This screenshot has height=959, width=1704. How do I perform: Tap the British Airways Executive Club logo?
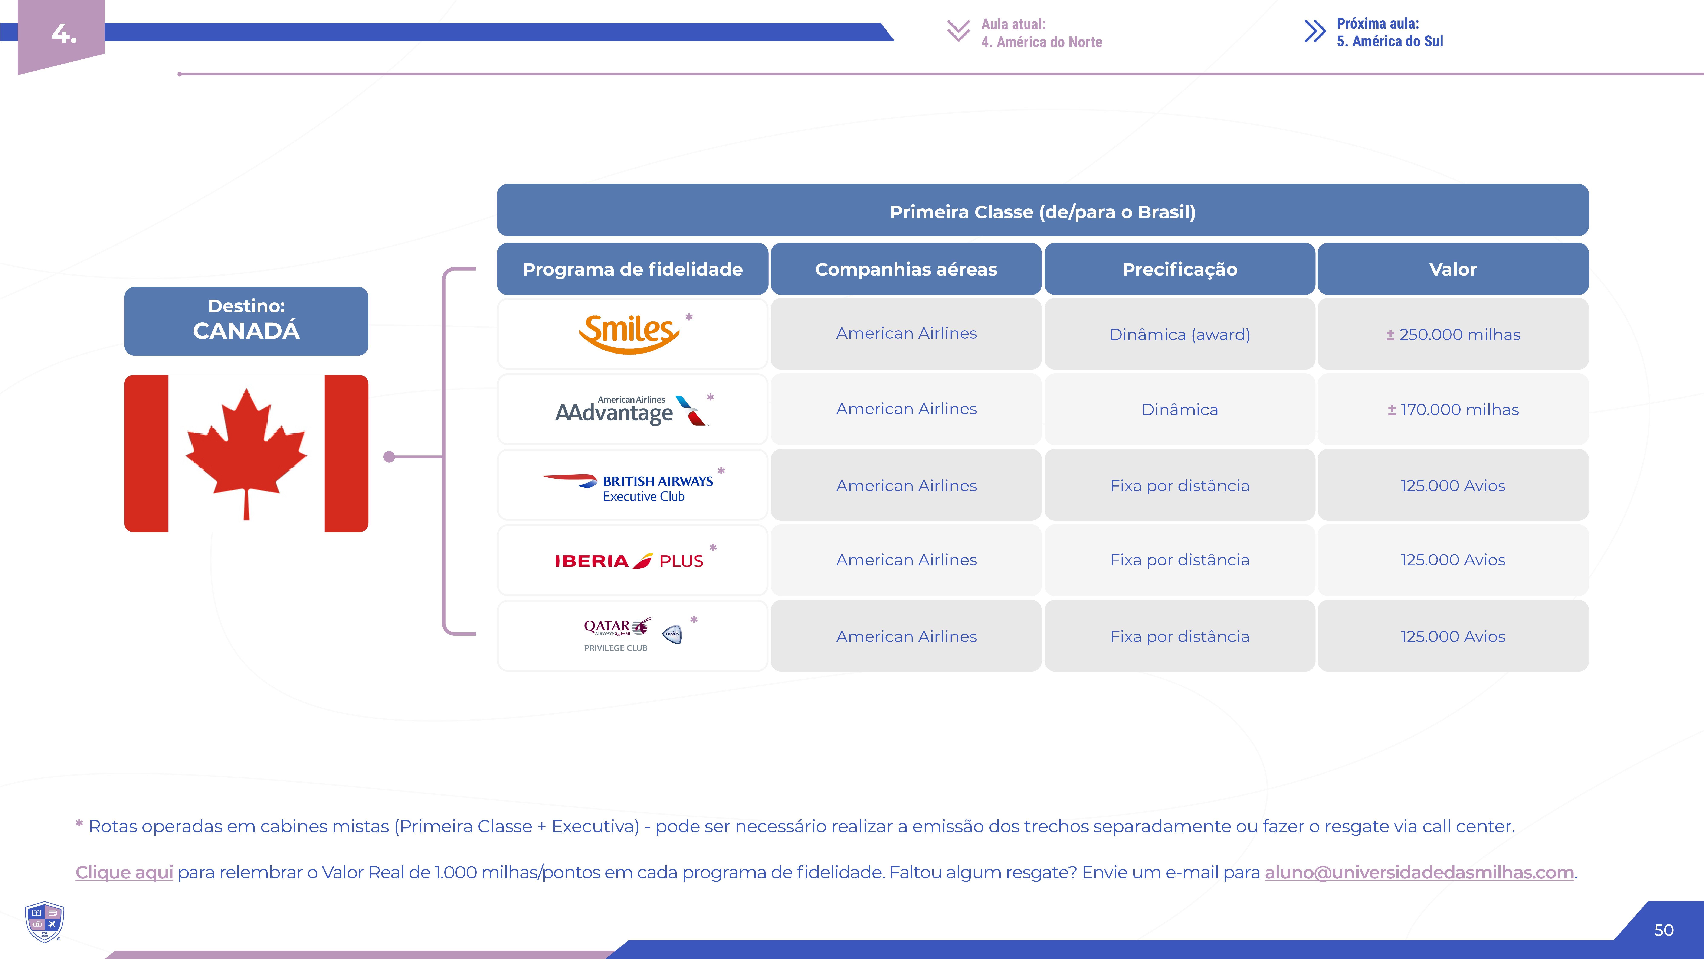click(x=627, y=488)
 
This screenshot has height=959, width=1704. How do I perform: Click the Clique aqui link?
click(x=124, y=872)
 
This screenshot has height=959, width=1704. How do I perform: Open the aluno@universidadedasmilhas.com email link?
click(x=1419, y=872)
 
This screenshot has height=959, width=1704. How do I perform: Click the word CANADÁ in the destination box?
click(x=246, y=331)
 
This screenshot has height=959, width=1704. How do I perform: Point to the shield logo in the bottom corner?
click(x=44, y=921)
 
